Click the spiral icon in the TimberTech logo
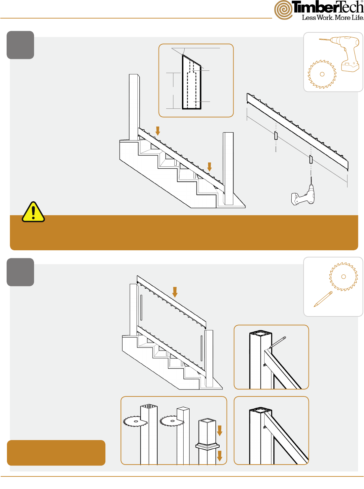pyautogui.click(x=283, y=10)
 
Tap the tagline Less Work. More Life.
pyautogui.click(x=333, y=18)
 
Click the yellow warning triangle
pyautogui.click(x=33, y=212)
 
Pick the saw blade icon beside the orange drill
pyautogui.click(x=322, y=74)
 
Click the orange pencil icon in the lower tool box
pyautogui.click(x=323, y=299)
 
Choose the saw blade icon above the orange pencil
pyautogui.click(x=343, y=277)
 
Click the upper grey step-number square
pyautogui.click(x=20, y=45)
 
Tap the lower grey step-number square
pyautogui.click(x=20, y=272)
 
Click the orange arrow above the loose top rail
pyautogui.click(x=175, y=292)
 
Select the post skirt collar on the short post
pyautogui.click(x=207, y=446)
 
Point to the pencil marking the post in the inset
pyautogui.click(x=277, y=343)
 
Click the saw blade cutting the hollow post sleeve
pyautogui.click(x=135, y=421)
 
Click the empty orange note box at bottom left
pyautogui.click(x=56, y=453)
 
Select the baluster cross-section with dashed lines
pyautogui.click(x=192, y=82)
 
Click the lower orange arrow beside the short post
pyautogui.click(x=220, y=456)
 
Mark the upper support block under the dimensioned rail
pyautogui.click(x=276, y=136)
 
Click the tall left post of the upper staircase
pyautogui.click(x=134, y=107)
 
